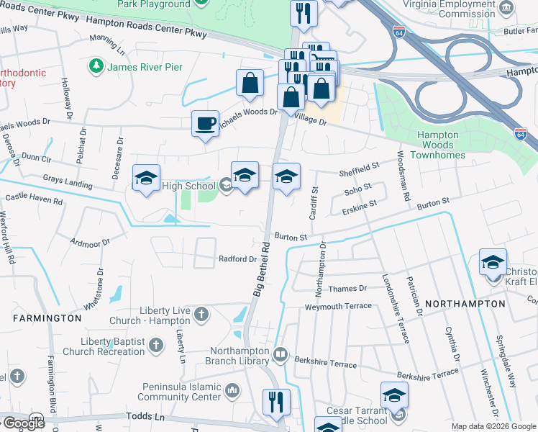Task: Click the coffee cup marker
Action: pos(205,124)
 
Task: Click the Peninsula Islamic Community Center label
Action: pos(179,392)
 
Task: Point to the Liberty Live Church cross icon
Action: pos(201,314)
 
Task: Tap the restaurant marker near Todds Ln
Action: pos(276,402)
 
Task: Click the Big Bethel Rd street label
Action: pos(263,266)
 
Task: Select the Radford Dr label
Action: pos(237,259)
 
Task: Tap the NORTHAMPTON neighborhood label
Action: pos(465,304)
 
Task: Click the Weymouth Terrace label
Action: pos(338,306)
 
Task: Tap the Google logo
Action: pos(23,423)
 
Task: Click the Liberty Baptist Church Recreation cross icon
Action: pos(155,346)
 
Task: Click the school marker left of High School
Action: pos(146,179)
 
